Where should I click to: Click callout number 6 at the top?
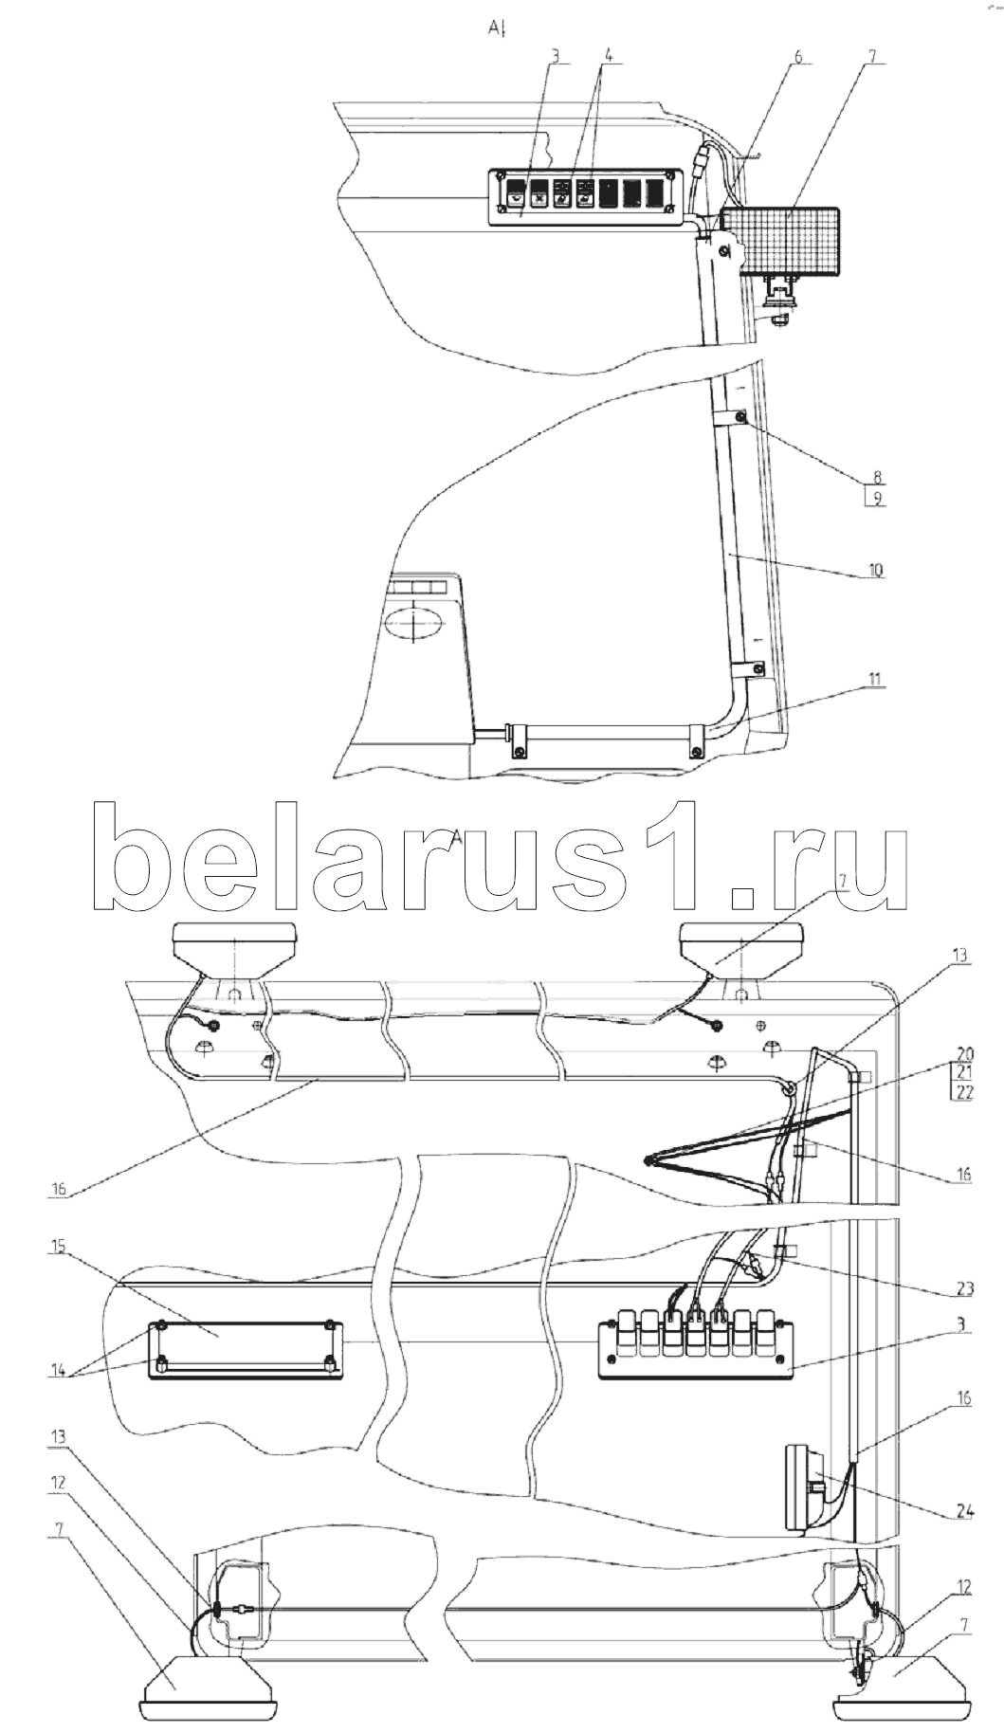pos(797,56)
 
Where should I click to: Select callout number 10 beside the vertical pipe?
pos(873,571)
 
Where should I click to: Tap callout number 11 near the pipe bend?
pos(874,679)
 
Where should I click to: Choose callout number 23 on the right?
pos(964,1289)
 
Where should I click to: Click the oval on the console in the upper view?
pos(414,626)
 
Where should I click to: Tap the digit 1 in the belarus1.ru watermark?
pos(672,856)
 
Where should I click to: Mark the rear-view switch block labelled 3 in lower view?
pos(697,1344)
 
